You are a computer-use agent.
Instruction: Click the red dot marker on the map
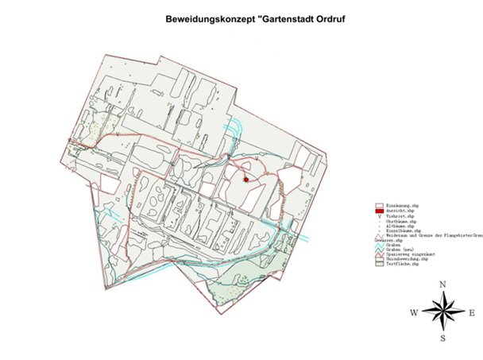(246, 180)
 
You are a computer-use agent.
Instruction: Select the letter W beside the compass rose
(414, 313)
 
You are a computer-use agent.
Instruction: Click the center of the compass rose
(443, 312)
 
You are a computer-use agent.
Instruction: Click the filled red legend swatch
(380, 211)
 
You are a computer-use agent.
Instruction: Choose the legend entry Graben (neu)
(400, 249)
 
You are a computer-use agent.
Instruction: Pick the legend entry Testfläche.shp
(402, 264)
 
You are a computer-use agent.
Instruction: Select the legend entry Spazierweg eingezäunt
(410, 254)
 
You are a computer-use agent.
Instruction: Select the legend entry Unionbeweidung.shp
(406, 259)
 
